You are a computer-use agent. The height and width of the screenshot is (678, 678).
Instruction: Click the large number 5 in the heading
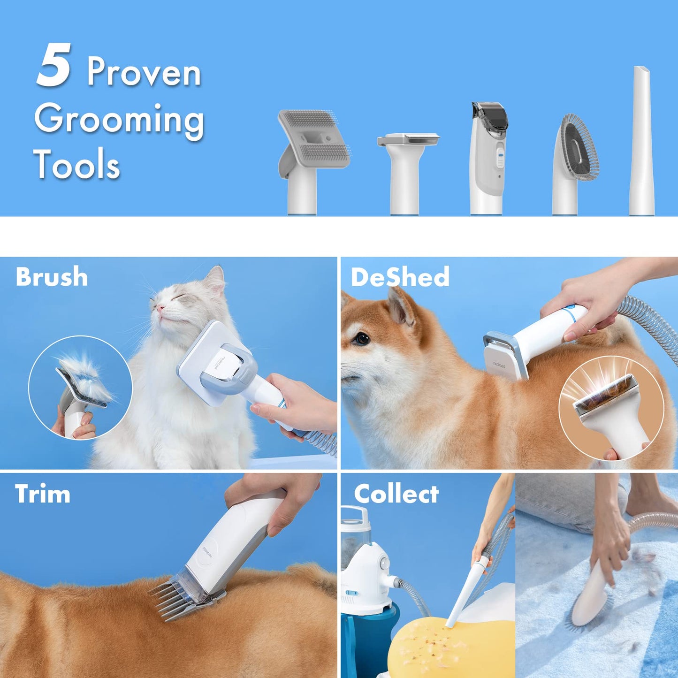click(x=53, y=65)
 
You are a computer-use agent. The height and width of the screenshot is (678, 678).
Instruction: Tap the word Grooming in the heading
click(x=119, y=120)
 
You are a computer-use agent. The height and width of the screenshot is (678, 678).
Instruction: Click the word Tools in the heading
click(x=76, y=165)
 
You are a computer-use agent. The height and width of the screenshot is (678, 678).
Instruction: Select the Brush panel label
click(x=52, y=277)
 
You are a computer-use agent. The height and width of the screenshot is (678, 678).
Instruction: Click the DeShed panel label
click(x=400, y=277)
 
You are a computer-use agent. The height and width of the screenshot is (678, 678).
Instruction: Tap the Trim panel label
click(x=43, y=494)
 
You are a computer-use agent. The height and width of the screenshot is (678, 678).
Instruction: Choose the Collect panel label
click(x=396, y=494)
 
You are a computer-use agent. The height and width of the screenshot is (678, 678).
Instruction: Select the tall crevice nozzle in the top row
click(x=641, y=141)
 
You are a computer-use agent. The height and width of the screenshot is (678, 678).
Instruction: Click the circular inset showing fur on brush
click(x=80, y=388)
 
